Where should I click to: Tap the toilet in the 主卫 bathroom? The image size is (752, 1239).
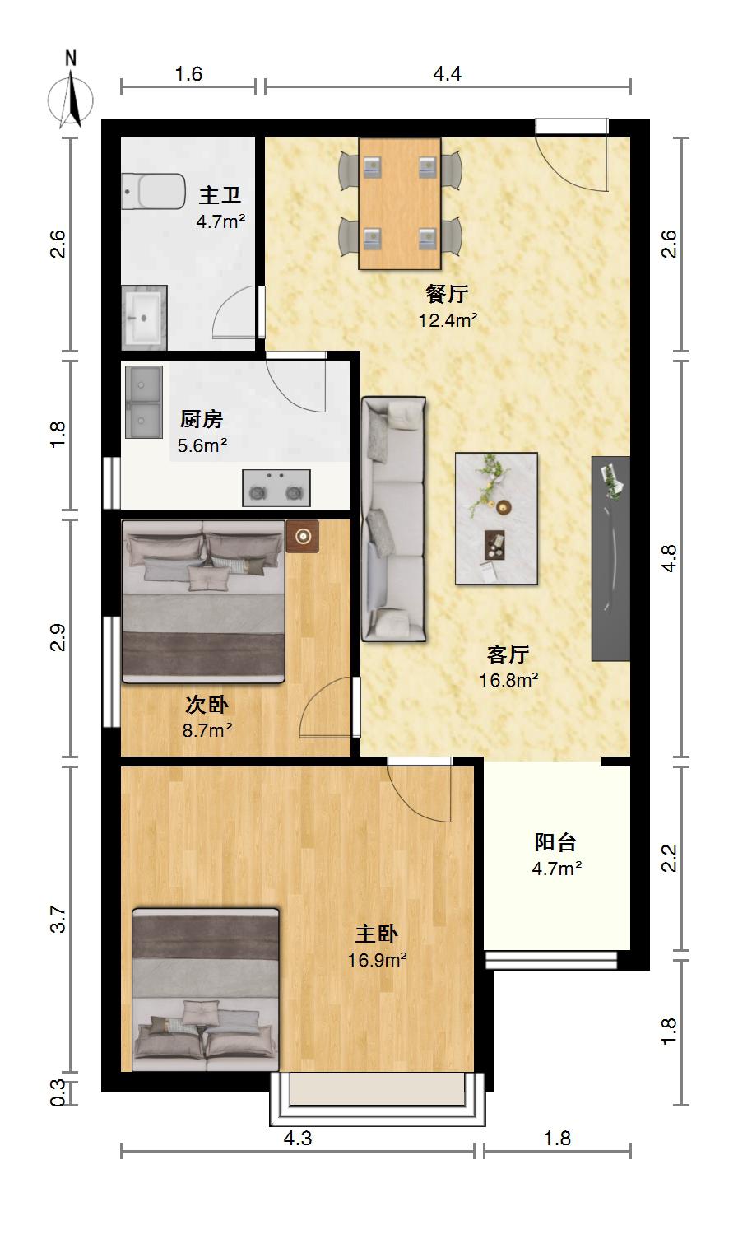click(153, 191)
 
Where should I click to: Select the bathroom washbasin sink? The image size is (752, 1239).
click(144, 318)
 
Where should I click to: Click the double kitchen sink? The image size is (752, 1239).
click(144, 402)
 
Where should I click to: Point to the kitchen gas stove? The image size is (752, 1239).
click(276, 488)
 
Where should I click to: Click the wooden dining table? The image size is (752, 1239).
click(400, 203)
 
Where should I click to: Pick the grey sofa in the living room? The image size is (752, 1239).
click(394, 519)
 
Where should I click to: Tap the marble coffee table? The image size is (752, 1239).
click(496, 519)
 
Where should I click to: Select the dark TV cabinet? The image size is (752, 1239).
click(610, 558)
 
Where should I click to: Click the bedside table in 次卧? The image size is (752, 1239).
click(303, 536)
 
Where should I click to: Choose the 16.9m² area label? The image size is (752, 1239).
click(377, 960)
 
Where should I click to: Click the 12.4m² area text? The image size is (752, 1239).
click(448, 320)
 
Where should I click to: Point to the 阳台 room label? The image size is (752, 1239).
click(555, 842)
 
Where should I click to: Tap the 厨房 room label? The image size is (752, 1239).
click(202, 419)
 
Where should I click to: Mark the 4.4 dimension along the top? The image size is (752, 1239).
click(447, 73)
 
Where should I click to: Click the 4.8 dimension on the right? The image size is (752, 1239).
click(669, 558)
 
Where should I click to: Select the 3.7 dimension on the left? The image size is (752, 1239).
click(58, 920)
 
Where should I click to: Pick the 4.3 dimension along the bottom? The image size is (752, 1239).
click(298, 1138)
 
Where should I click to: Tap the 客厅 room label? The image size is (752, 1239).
click(508, 654)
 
